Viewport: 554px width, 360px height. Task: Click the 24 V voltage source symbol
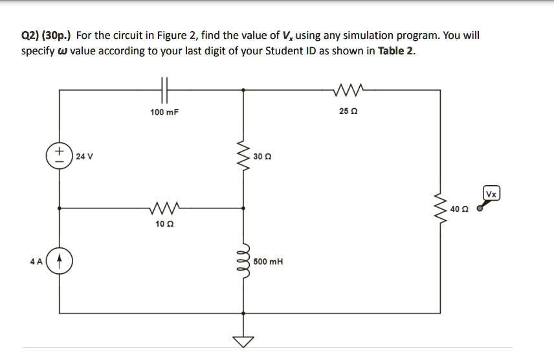coord(60,155)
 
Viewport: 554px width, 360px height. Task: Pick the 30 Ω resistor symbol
coord(245,156)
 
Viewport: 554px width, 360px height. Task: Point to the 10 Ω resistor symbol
coord(164,208)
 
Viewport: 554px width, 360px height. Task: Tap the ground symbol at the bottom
coord(245,341)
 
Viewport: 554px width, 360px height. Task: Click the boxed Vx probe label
coord(492,194)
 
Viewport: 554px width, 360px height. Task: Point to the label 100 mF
coord(164,113)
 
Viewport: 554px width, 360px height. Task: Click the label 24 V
coord(84,156)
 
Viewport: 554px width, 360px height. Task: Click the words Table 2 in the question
coord(396,51)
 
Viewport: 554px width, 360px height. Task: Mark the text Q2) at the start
coord(30,36)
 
